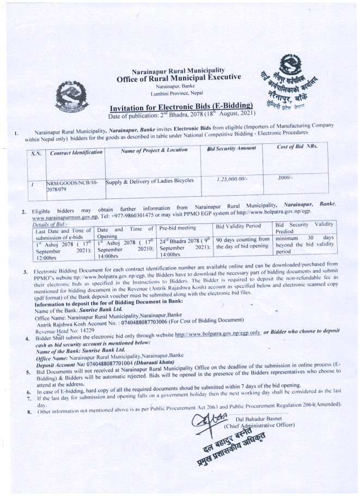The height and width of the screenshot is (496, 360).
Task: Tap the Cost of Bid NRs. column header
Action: tap(297, 148)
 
